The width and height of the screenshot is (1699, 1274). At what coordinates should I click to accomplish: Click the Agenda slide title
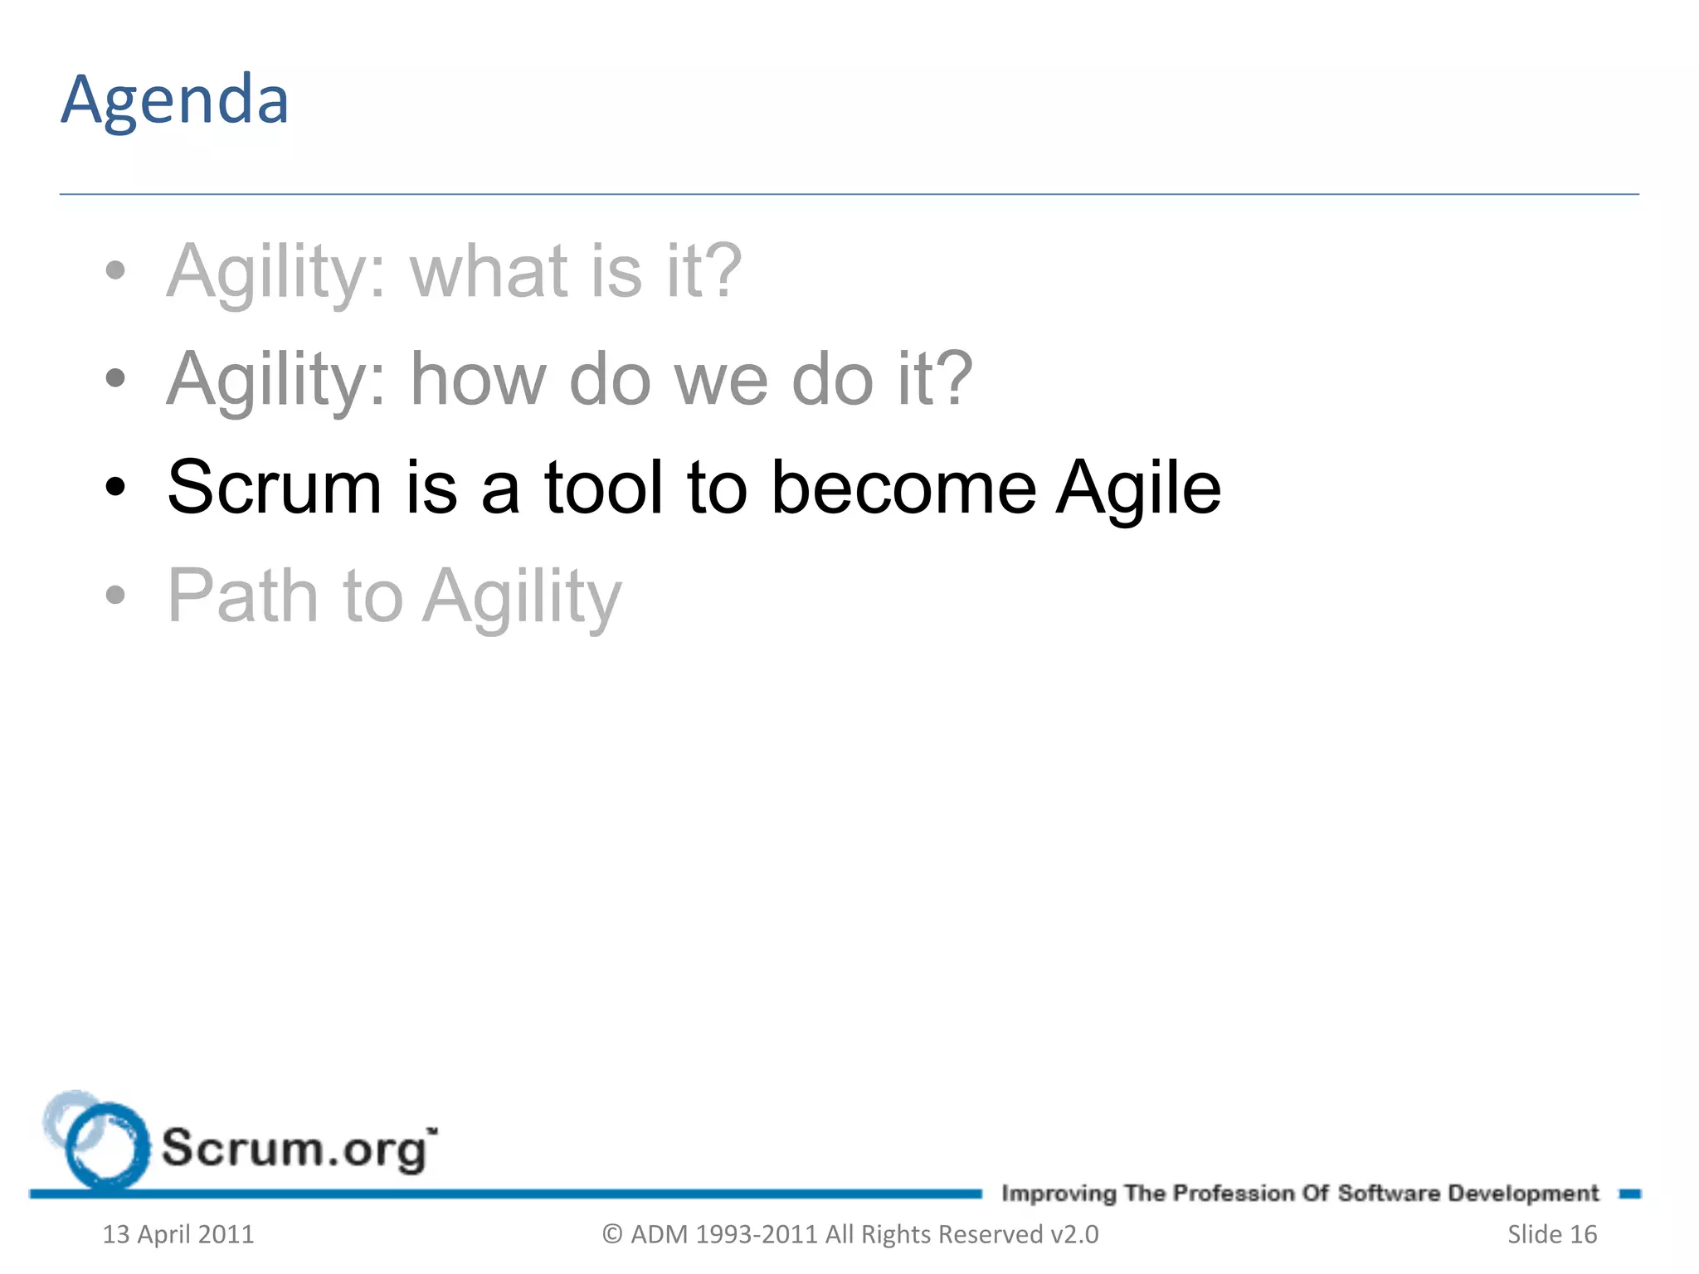tap(175, 100)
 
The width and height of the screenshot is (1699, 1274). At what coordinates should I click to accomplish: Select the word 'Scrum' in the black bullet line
tap(274, 488)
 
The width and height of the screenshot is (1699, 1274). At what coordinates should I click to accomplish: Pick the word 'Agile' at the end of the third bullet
tap(1137, 489)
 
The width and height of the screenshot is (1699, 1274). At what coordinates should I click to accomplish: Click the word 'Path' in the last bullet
tap(243, 596)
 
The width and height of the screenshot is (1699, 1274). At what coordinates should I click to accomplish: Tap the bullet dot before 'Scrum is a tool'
tap(115, 488)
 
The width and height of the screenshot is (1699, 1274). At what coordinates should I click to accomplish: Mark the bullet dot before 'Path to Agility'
tap(115, 595)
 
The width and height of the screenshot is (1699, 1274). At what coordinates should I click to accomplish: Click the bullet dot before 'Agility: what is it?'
tap(115, 270)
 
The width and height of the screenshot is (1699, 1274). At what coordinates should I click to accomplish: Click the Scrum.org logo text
tap(296, 1150)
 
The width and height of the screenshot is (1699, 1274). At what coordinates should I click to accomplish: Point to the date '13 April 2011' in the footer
tap(178, 1234)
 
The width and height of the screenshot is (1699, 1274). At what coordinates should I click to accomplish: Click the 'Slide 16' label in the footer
tap(1551, 1234)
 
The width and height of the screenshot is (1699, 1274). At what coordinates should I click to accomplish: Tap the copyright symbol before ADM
tap(612, 1234)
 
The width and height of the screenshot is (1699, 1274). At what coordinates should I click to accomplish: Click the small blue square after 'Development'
tap(1629, 1194)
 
